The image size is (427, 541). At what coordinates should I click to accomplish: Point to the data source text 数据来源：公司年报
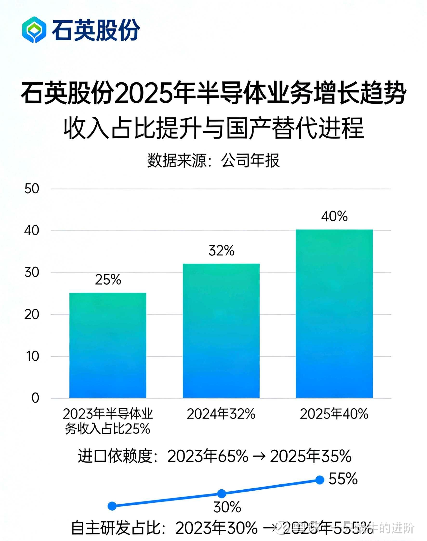tap(213, 160)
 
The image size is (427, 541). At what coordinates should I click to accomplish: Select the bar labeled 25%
tap(108, 345)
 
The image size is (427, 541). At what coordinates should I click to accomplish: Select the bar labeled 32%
tap(221, 331)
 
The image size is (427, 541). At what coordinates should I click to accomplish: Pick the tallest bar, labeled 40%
tap(334, 314)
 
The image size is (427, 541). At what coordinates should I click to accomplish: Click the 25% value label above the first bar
tap(108, 279)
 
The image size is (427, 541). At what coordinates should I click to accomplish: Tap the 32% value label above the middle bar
tap(222, 250)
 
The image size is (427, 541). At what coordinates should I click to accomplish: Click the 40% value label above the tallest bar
tap(335, 216)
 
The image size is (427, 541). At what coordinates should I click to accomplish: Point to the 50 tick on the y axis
tap(32, 189)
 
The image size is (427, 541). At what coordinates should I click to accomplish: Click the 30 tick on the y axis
tap(32, 272)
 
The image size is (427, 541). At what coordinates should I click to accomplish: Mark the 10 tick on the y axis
tap(32, 356)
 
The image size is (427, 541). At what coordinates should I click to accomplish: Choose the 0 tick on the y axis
tap(35, 398)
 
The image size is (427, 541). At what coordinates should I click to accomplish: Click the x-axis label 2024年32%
tap(221, 414)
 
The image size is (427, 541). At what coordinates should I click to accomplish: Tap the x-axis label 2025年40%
tap(334, 414)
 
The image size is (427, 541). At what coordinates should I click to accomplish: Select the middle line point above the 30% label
tap(222, 494)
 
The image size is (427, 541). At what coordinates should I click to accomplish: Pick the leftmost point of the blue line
tap(112, 506)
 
